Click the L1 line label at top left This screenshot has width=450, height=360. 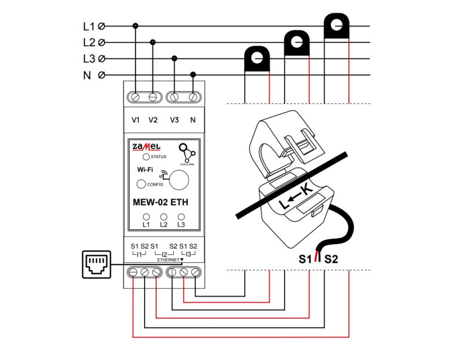click(x=89, y=26)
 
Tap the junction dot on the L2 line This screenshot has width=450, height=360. click(x=152, y=42)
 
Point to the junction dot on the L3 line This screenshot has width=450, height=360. click(x=174, y=58)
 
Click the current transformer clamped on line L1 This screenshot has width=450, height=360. click(x=336, y=26)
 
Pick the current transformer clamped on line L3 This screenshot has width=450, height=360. click(x=256, y=58)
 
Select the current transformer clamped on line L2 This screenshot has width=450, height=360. click(x=296, y=43)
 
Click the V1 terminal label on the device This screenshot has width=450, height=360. click(x=136, y=120)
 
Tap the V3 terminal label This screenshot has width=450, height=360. click(x=174, y=120)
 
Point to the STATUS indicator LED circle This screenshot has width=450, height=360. click(x=146, y=157)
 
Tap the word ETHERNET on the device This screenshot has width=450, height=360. click(x=168, y=260)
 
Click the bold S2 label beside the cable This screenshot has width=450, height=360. click(x=331, y=259)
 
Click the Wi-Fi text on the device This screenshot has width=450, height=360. click(x=145, y=169)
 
